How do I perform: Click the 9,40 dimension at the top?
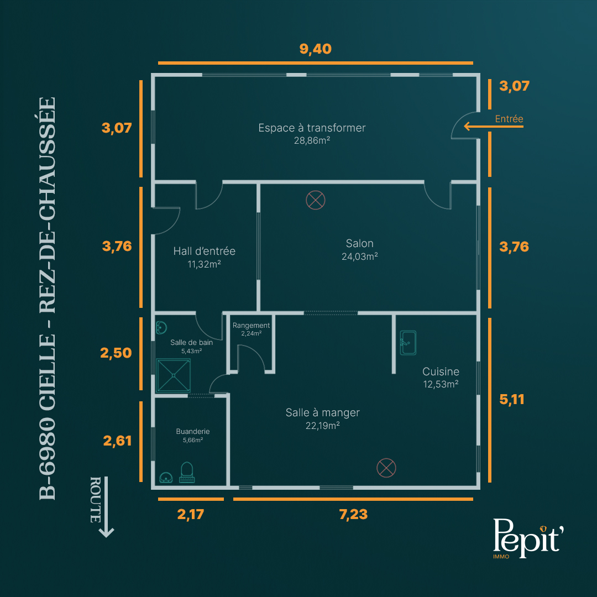click(315, 49)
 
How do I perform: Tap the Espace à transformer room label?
click(312, 128)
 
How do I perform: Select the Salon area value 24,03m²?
click(360, 256)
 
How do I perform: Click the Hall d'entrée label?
click(204, 251)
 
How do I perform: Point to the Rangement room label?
click(251, 326)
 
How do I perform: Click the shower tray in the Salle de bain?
click(173, 375)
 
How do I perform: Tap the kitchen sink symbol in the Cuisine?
click(408, 343)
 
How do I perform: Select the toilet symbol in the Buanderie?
click(187, 473)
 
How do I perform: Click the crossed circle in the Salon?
click(316, 200)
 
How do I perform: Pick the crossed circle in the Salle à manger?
click(386, 468)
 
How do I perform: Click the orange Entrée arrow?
click(494, 127)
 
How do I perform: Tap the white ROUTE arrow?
click(106, 507)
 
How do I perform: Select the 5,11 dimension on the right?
click(512, 400)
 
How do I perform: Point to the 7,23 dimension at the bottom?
click(353, 515)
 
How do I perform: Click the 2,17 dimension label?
click(190, 515)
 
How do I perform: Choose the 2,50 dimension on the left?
click(116, 353)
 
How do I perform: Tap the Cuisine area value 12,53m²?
click(441, 384)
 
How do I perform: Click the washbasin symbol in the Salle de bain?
click(162, 327)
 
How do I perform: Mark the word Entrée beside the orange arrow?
click(509, 119)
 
